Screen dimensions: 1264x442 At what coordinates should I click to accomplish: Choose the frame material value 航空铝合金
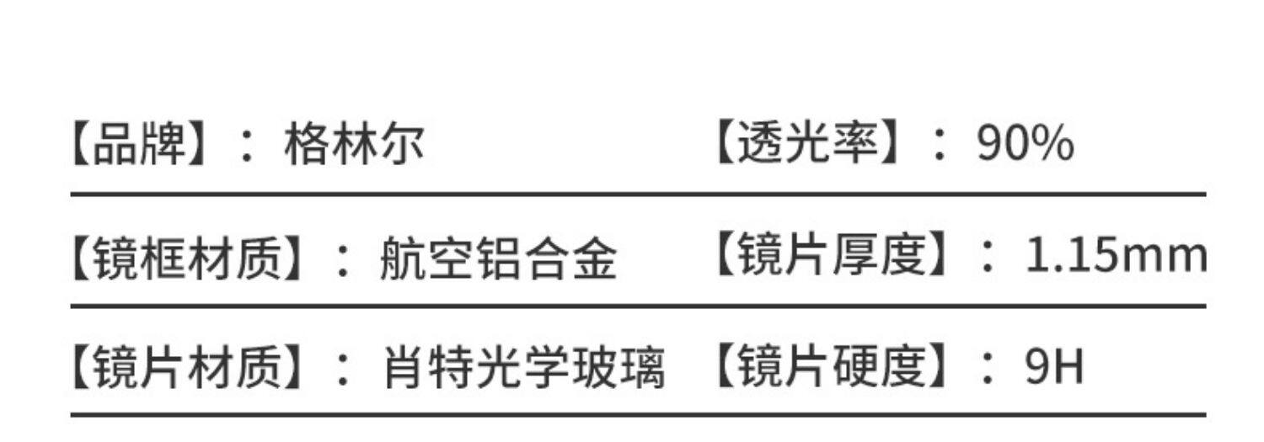[x=498, y=257]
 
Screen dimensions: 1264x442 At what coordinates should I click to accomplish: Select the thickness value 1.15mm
[x=1115, y=257]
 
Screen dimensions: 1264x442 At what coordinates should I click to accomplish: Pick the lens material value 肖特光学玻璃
[x=523, y=368]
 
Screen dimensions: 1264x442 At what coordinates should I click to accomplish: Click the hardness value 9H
[x=1053, y=368]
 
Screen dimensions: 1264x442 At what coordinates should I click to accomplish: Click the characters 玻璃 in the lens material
[x=619, y=368]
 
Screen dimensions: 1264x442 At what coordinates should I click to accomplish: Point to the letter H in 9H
[x=1068, y=368]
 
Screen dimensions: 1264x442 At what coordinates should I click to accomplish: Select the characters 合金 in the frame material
[x=570, y=257]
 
